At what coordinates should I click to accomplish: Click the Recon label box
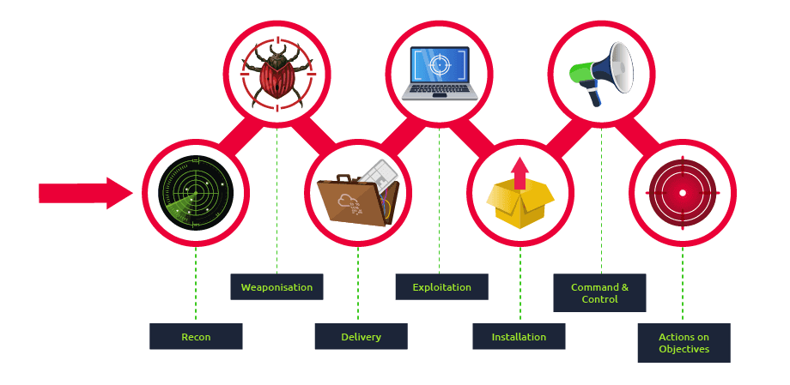pos(196,337)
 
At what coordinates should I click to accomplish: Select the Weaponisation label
pos(276,287)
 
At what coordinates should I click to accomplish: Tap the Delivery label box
pos(361,337)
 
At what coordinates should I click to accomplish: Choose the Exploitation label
pos(441,287)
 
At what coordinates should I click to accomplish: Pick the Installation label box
pos(519,337)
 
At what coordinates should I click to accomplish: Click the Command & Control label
pos(599,293)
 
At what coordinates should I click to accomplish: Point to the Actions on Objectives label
pos(684,343)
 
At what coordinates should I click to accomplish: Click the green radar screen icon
pos(196,193)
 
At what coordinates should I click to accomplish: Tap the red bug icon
pos(276,75)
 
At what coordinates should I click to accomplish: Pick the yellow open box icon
pos(520,202)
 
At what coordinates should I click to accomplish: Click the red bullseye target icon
pos(683,193)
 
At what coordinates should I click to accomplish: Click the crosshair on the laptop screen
pos(440,64)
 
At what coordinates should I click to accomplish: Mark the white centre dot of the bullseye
pos(683,193)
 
